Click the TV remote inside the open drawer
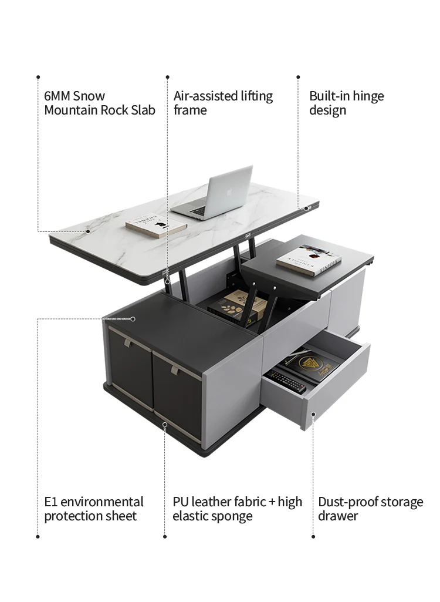point(286,381)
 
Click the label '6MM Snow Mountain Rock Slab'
point(100,103)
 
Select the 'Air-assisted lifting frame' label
point(223,103)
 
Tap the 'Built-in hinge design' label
point(346,103)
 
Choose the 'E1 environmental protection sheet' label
point(94,509)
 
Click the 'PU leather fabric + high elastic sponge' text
point(237,509)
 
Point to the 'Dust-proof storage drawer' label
point(370,509)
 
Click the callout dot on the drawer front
point(313,414)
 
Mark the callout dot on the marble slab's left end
point(89,231)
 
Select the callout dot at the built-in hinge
point(307,207)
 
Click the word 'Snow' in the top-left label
point(90,96)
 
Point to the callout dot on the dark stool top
point(133,319)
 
